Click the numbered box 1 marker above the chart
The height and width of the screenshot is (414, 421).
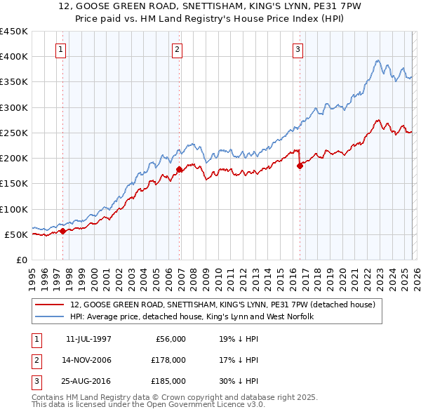(x=62, y=49)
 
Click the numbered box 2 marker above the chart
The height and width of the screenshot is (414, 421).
(x=177, y=49)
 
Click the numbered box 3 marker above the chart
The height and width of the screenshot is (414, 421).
(x=298, y=49)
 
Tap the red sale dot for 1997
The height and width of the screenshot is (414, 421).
(x=62, y=231)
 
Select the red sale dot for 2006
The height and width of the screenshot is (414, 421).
(x=179, y=169)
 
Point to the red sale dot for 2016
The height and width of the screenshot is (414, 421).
(x=300, y=166)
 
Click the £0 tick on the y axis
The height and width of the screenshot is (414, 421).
(x=22, y=260)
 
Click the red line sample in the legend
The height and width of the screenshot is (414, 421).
(x=50, y=305)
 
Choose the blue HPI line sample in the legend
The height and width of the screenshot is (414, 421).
(x=50, y=316)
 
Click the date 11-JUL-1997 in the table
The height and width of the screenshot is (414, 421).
(x=88, y=339)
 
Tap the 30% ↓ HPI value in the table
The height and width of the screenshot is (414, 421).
(x=238, y=381)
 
